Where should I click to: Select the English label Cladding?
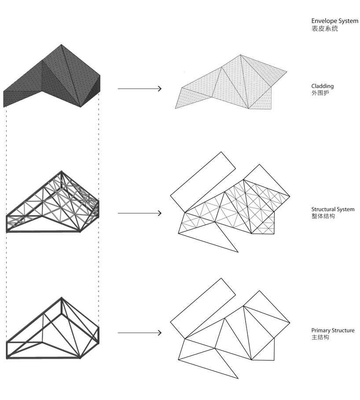(x=323, y=86)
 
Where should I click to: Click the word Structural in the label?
(x=323, y=209)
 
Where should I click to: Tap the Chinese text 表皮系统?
(x=324, y=29)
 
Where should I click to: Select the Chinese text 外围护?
(x=320, y=93)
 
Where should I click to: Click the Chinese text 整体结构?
(x=323, y=216)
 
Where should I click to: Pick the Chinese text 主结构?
(x=320, y=337)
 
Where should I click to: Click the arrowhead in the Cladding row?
(x=160, y=89)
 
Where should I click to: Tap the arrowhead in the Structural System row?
(x=160, y=213)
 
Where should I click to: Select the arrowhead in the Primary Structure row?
(x=160, y=333)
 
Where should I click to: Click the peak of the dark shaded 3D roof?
(x=61, y=44)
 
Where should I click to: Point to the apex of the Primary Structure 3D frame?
(x=62, y=297)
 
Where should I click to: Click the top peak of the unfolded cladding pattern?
(x=240, y=55)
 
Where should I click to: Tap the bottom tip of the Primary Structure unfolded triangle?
(x=238, y=378)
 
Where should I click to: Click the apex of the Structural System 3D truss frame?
(x=62, y=171)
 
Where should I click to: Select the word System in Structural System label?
(x=345, y=209)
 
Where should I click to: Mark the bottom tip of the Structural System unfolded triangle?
(x=238, y=252)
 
